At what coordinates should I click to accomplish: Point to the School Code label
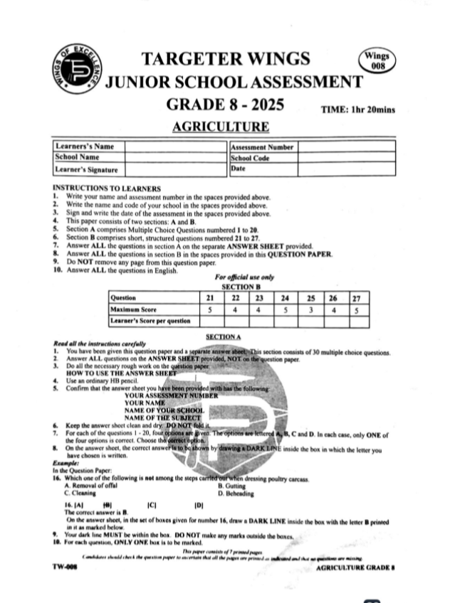tap(250, 159)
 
